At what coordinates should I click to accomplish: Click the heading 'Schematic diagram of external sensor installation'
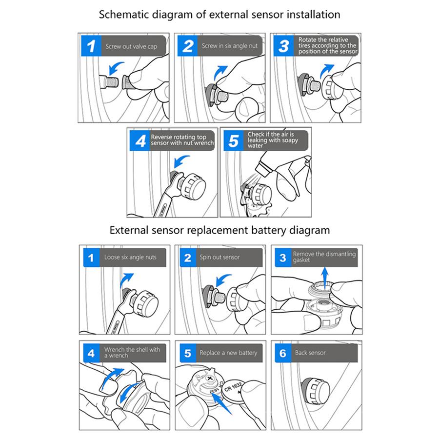pyautogui.click(x=219, y=15)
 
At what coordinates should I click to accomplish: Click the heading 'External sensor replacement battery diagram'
pyautogui.click(x=219, y=230)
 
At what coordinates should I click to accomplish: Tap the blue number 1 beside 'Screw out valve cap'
pyautogui.click(x=91, y=46)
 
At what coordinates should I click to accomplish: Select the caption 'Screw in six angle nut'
pyautogui.click(x=230, y=46)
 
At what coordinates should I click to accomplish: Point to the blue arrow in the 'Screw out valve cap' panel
pyautogui.click(x=116, y=68)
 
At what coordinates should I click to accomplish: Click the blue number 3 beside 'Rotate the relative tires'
pyautogui.click(x=283, y=46)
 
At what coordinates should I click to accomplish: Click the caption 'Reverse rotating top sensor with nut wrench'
pyautogui.click(x=182, y=140)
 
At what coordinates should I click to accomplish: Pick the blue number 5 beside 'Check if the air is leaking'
pyautogui.click(x=234, y=140)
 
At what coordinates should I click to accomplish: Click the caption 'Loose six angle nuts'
pyautogui.click(x=130, y=257)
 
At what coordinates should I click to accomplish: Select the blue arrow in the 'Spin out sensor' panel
pyautogui.click(x=224, y=280)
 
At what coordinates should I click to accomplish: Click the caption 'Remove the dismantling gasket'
pyautogui.click(x=324, y=257)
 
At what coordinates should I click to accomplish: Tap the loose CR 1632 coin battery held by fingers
pyautogui.click(x=233, y=391)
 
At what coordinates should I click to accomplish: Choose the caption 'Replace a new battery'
pyautogui.click(x=228, y=353)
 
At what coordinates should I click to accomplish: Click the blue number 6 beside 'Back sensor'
pyautogui.click(x=283, y=353)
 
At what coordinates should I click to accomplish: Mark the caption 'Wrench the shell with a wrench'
pyautogui.click(x=132, y=353)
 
